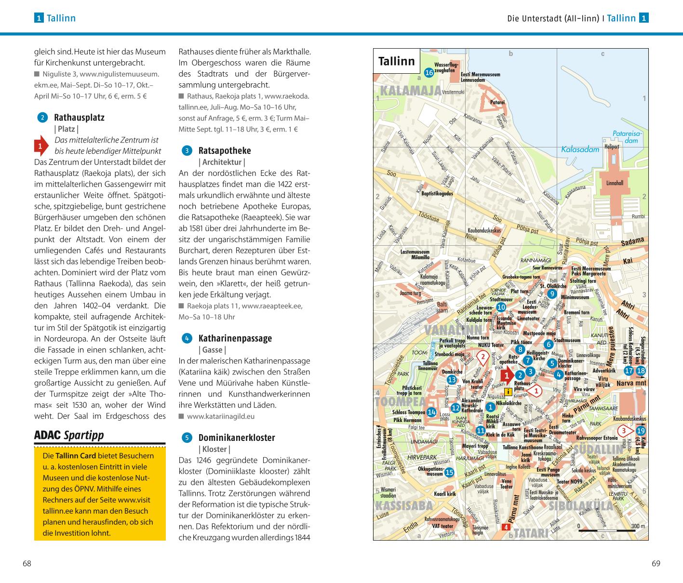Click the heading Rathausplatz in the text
pos(79,117)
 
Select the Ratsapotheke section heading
pos(224,150)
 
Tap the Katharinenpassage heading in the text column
pos(235,338)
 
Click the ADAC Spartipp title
pos(69,435)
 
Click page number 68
pos(27,563)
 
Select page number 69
pos(656,563)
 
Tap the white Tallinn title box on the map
pos(396,61)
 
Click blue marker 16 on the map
pos(429,72)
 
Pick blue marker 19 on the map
pos(641,431)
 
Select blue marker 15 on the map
pos(449,472)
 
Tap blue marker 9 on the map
pos(552,293)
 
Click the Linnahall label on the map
pos(615,183)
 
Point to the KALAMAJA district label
pos(410,91)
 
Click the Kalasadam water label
pos(580,149)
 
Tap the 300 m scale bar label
pos(638,526)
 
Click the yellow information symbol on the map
pos(509,391)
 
